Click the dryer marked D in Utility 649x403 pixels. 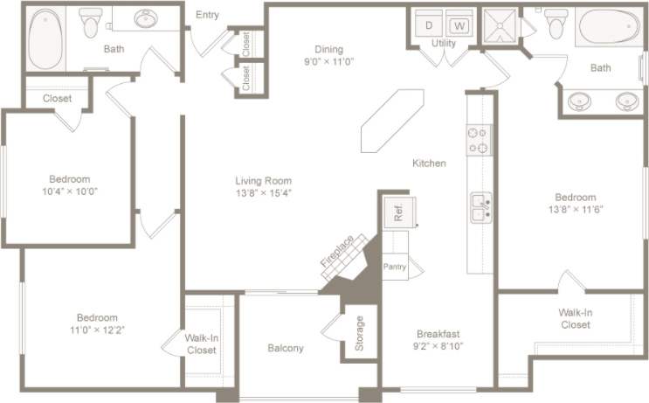(429, 24)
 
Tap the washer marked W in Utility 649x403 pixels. (459, 24)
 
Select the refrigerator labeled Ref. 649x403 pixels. (398, 213)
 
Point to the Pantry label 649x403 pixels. (395, 267)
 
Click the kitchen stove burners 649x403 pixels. (479, 141)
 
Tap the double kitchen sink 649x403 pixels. (480, 208)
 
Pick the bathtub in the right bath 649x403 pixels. (608, 27)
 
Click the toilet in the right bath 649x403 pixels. (556, 24)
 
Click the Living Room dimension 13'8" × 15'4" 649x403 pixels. (262, 193)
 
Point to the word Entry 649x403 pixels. (207, 14)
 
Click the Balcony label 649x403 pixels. (285, 348)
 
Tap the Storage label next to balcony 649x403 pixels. (360, 333)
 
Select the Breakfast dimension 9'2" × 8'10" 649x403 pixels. (438, 346)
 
